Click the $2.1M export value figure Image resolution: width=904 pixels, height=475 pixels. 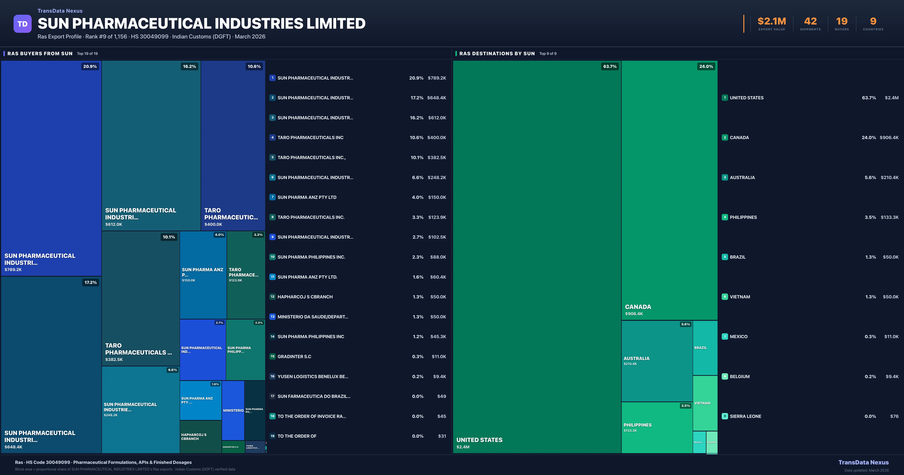771,21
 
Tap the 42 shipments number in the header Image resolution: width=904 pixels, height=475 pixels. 810,21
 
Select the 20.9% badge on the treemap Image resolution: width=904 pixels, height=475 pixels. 90,66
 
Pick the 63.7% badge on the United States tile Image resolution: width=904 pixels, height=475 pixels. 610,66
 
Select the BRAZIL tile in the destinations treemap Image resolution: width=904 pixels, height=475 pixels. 705,348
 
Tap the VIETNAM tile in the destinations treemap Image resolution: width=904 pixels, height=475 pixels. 705,403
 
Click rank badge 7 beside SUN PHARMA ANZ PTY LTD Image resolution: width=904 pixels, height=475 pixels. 272,197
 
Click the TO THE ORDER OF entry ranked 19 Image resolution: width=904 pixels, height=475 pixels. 297,436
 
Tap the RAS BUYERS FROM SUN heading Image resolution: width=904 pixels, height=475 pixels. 40,53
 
